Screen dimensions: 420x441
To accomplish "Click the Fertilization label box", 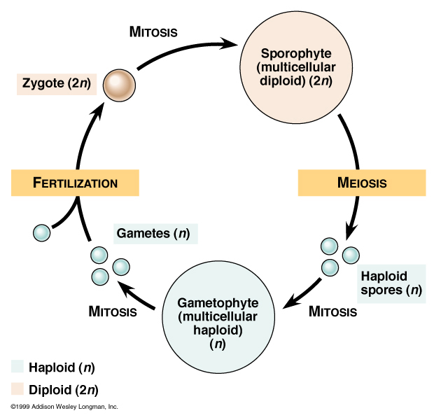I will pyautogui.click(x=75, y=183).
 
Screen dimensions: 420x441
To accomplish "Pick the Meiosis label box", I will pyautogui.click(x=362, y=183).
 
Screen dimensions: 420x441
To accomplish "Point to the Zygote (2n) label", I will pyautogui.click(x=55, y=84).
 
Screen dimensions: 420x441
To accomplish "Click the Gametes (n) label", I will pyautogui.click(x=153, y=232).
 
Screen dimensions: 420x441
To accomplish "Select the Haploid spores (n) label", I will pyautogui.click(x=391, y=282).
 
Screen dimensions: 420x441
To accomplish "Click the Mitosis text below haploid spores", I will pyautogui.click(x=332, y=311).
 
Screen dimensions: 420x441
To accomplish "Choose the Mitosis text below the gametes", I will pyautogui.click(x=112, y=311).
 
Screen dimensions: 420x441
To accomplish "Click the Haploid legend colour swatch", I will pyautogui.click(x=17, y=367).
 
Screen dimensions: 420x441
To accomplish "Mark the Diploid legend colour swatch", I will pyautogui.click(x=17, y=388).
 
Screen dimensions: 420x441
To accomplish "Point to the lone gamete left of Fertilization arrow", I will pyautogui.click(x=41, y=231).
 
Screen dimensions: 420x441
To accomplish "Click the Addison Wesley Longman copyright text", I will pyautogui.click(x=64, y=407).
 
